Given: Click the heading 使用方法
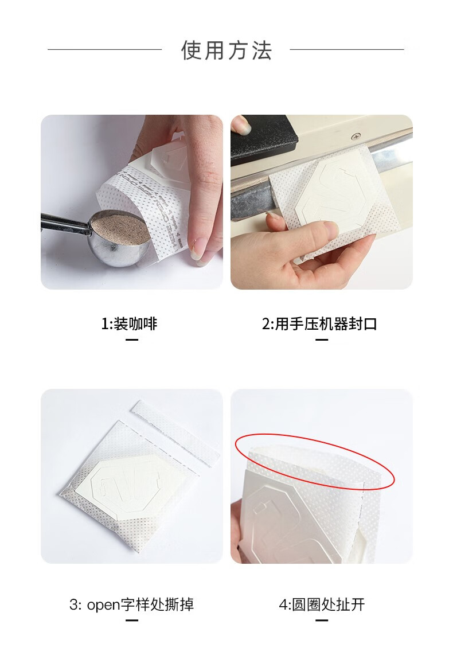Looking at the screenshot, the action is click(226, 50).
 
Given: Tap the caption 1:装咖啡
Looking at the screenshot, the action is click(129, 324).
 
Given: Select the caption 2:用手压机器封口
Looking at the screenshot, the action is click(319, 324).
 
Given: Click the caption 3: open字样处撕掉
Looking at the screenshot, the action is click(131, 604).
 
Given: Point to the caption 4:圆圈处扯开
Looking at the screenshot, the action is click(322, 604).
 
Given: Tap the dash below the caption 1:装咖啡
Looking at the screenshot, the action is click(132, 340).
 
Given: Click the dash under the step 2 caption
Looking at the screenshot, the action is click(322, 340).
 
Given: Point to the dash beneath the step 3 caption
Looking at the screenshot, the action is click(132, 621).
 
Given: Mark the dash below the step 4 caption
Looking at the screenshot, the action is click(322, 621).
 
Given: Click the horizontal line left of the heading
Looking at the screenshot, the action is click(105, 49).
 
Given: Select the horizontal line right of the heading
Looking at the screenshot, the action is click(347, 49).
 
